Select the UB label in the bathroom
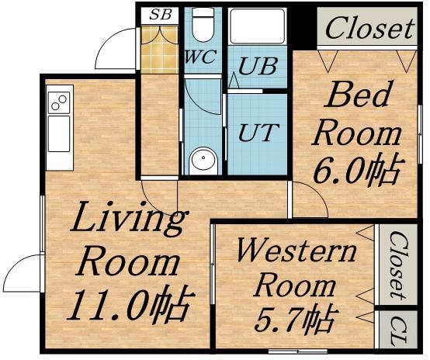(x=257, y=67)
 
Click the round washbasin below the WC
(x=203, y=160)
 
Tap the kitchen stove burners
(x=59, y=102)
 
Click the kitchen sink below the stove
(x=58, y=135)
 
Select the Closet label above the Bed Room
(x=369, y=29)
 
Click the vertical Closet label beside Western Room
(x=397, y=265)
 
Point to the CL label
(x=397, y=331)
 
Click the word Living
(x=128, y=221)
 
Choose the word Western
(x=296, y=251)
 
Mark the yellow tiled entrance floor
(x=160, y=47)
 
